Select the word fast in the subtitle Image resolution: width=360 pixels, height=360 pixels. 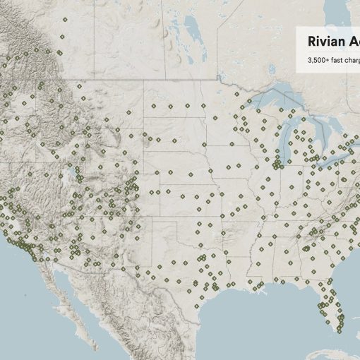coord(339,61)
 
